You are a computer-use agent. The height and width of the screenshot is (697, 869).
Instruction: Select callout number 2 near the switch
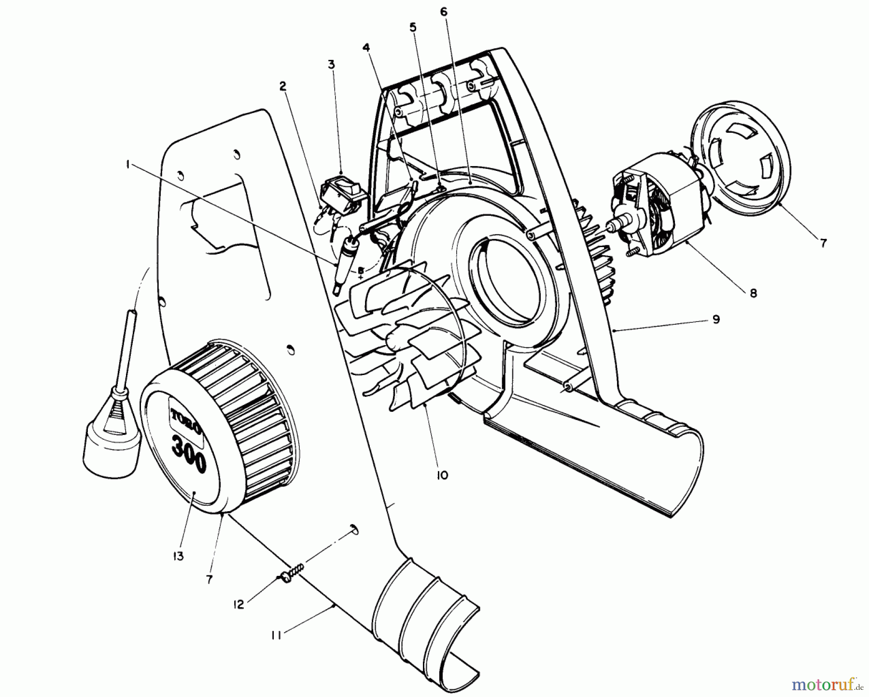[x=282, y=86]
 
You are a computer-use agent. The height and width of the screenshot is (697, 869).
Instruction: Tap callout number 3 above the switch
[x=331, y=64]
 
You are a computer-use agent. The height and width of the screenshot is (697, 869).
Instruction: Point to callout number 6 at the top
[x=444, y=11]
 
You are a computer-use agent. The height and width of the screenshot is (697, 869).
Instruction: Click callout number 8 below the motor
[x=753, y=293]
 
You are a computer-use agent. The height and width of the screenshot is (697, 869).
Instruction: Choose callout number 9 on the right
[x=715, y=319]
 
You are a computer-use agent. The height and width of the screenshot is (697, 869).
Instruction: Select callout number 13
[x=178, y=556]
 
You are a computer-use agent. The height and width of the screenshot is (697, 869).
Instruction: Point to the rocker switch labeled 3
[x=339, y=196]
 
